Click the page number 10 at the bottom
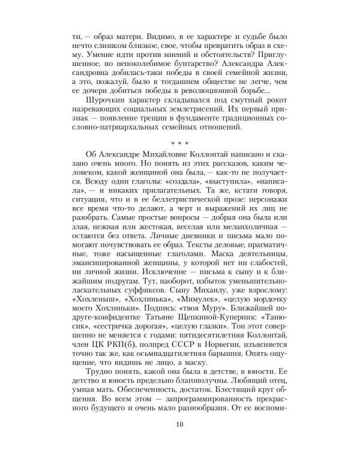pyautogui.click(x=180, y=425)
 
